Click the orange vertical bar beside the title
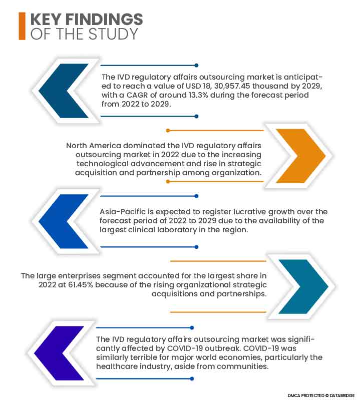[x=22, y=27]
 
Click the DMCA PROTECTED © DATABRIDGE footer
[x=320, y=394]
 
